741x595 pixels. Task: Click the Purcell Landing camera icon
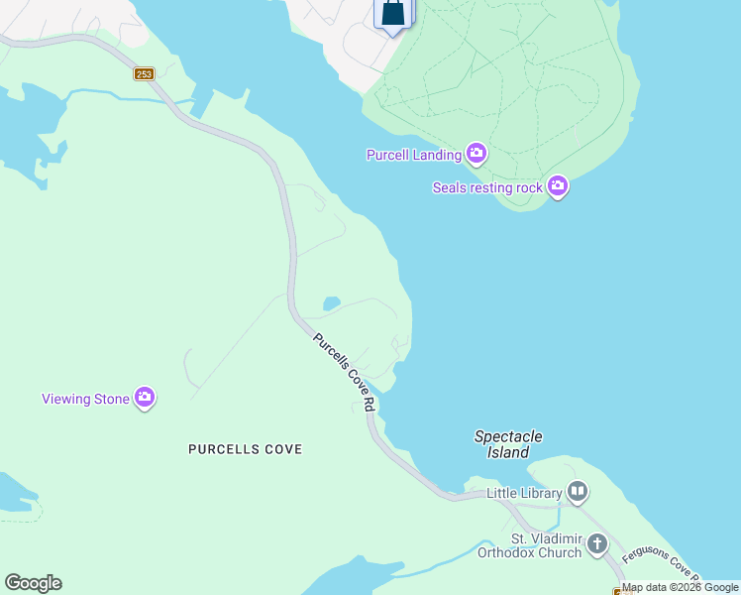pyautogui.click(x=476, y=153)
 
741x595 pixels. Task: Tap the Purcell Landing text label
pyautogui.click(x=414, y=155)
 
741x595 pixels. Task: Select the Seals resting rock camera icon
pyautogui.click(x=558, y=185)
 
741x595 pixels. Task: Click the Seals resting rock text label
pyautogui.click(x=487, y=187)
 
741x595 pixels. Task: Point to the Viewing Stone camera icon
pyautogui.click(x=145, y=398)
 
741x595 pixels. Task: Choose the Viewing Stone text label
pyautogui.click(x=85, y=399)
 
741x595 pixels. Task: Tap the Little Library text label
pyautogui.click(x=525, y=493)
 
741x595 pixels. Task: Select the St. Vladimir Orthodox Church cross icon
pyautogui.click(x=596, y=543)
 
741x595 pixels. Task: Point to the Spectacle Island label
pyautogui.click(x=508, y=444)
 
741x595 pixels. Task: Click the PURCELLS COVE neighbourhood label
pyautogui.click(x=245, y=449)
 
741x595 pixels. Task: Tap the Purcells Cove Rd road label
pyautogui.click(x=344, y=372)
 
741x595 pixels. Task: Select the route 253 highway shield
pyautogui.click(x=145, y=73)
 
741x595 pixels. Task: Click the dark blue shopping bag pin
pyautogui.click(x=392, y=14)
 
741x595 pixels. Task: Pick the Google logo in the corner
pyautogui.click(x=33, y=583)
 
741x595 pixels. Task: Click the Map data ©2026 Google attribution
pyautogui.click(x=680, y=587)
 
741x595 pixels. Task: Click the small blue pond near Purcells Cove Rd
pyautogui.click(x=332, y=303)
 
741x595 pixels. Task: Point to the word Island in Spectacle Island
pyautogui.click(x=508, y=452)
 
